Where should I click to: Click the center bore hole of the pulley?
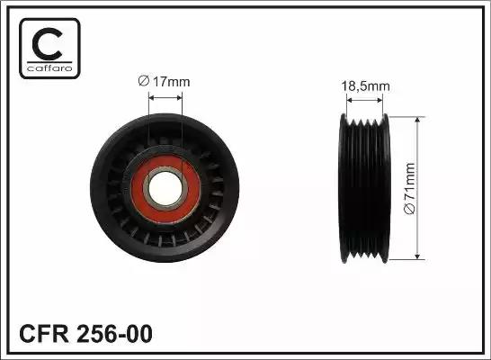pyautogui.click(x=166, y=187)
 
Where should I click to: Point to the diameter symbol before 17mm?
pyautogui.click(x=144, y=81)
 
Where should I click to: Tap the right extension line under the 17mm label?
pyautogui.click(x=183, y=117)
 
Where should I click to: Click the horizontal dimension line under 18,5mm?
pyautogui.click(x=364, y=99)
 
